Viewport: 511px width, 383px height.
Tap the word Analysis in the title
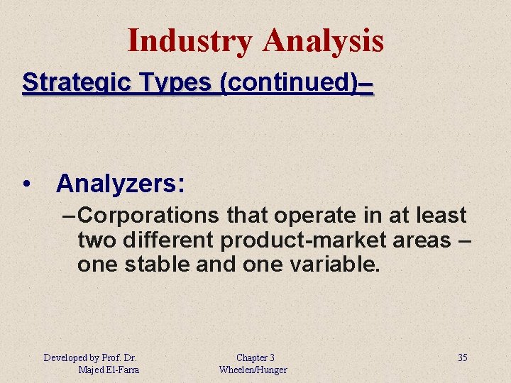point(323,40)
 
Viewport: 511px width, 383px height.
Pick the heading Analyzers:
point(121,184)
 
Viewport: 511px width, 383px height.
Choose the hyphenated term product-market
point(300,240)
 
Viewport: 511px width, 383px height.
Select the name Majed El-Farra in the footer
point(109,370)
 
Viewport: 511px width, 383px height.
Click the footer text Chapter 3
point(255,357)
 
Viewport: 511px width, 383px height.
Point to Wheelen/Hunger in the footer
point(253,370)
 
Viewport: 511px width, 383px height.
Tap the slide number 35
point(462,357)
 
